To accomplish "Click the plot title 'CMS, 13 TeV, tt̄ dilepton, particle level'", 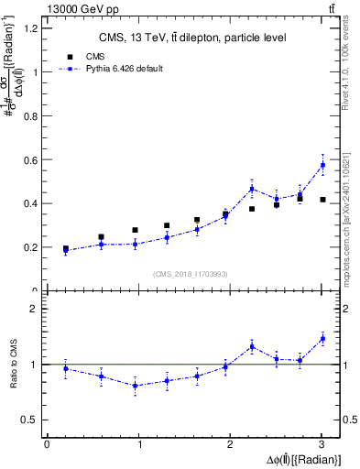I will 193,38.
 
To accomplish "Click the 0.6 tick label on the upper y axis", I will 31,159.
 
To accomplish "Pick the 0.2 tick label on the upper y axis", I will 31,247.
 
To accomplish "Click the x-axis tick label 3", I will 322,444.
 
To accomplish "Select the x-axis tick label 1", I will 139,444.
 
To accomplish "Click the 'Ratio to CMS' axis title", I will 13,365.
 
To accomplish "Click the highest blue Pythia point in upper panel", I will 322,165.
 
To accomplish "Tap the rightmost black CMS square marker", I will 322,199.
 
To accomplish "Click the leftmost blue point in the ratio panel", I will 65,368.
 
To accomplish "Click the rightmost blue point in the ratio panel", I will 322,339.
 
